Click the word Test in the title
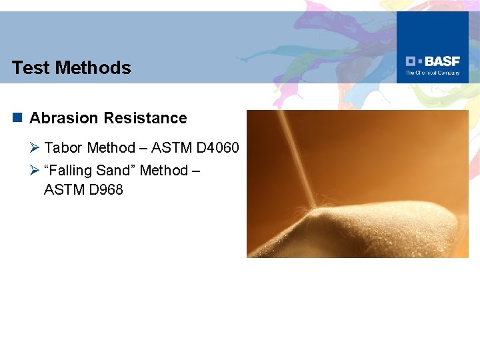point(30,68)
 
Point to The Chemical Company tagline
point(433,73)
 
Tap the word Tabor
point(63,147)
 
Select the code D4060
point(217,147)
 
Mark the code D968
point(105,190)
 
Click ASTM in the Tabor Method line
point(171,147)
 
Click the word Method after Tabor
point(111,147)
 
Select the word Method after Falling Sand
point(164,171)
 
